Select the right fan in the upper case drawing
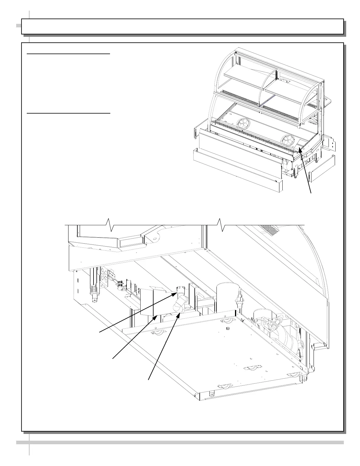287,140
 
